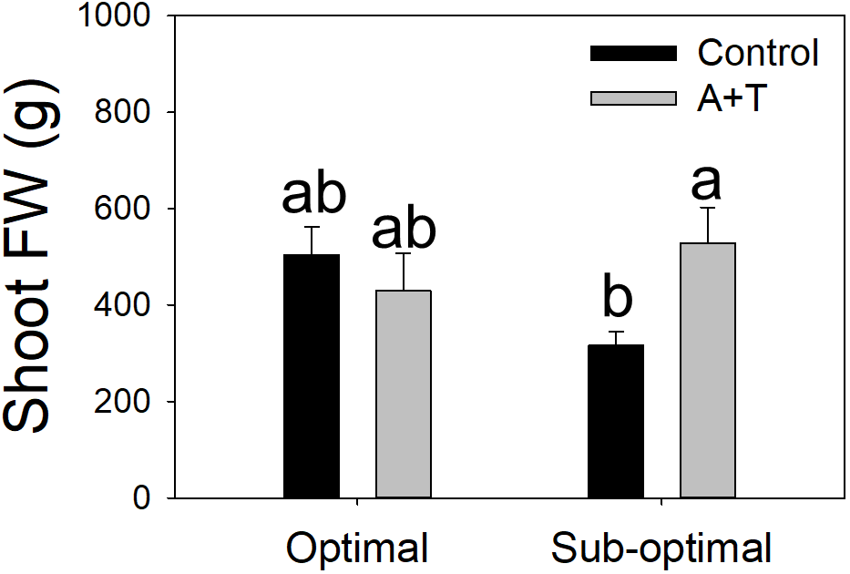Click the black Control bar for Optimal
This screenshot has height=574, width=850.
[312, 376]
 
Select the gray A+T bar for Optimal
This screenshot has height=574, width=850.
[404, 394]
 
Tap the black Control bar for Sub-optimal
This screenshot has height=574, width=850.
[617, 421]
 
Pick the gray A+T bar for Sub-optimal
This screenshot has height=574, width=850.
[708, 370]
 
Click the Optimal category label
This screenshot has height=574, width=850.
[357, 549]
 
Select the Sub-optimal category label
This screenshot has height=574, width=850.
[661, 549]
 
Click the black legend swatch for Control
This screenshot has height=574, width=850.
[633, 53]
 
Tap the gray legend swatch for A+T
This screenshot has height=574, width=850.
[633, 98]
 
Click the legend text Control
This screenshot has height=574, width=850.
[759, 53]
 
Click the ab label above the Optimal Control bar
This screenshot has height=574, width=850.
[313, 194]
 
